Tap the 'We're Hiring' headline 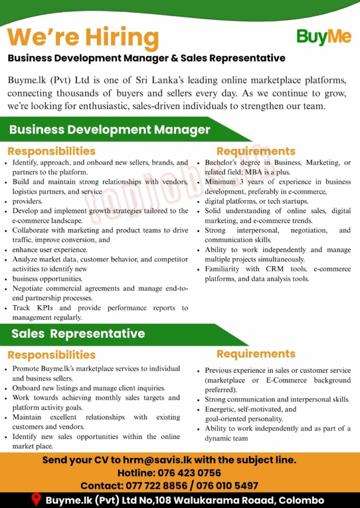[83, 37]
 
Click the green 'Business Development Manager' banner [110, 130]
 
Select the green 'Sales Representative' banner [78, 334]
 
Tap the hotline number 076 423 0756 [189, 473]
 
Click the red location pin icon [36, 500]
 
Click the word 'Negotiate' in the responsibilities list [30, 289]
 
